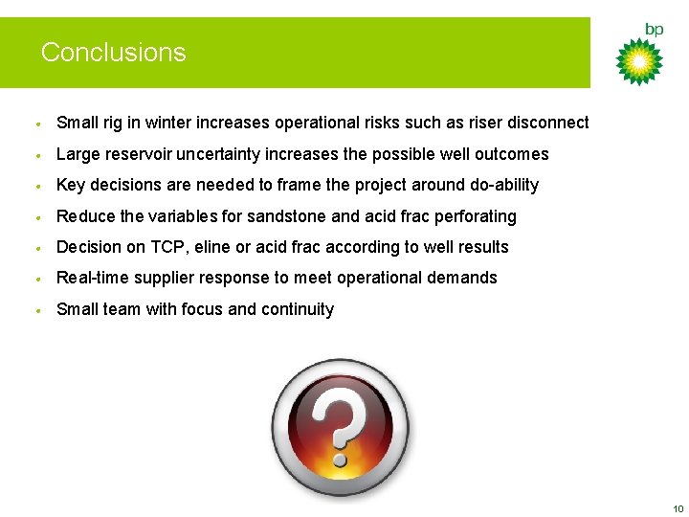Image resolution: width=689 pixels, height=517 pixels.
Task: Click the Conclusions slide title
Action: (113, 52)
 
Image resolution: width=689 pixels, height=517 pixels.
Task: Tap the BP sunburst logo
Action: (638, 61)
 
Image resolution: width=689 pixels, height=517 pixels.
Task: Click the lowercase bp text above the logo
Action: (654, 30)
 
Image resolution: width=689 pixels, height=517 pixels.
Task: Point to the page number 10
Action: (678, 507)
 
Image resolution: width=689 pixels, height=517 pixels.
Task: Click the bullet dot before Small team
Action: (36, 310)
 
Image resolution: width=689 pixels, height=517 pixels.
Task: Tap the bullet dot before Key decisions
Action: (36, 186)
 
